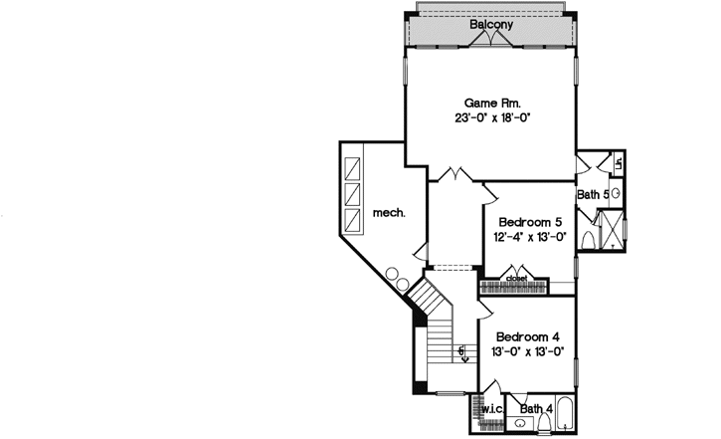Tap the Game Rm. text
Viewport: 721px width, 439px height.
492,103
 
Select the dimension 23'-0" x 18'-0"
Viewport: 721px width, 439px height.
492,118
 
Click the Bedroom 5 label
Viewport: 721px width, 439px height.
530,222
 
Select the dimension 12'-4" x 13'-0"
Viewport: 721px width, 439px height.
530,238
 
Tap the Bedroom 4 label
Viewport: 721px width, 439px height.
528,335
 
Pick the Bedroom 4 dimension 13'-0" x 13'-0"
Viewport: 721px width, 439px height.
528,351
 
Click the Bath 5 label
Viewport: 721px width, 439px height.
593,195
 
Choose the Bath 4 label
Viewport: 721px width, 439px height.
536,408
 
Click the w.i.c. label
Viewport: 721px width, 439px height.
492,409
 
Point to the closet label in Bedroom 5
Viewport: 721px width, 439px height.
517,278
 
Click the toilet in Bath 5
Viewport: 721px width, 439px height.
588,240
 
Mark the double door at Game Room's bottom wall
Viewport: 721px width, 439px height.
455,175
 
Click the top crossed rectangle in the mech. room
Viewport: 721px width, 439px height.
352,163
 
